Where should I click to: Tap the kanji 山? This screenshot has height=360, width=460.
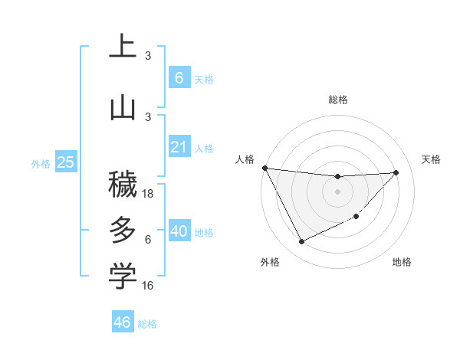(123, 108)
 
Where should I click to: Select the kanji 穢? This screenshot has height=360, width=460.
(123, 185)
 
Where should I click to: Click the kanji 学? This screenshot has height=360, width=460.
(123, 277)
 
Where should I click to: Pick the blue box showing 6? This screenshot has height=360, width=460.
(179, 78)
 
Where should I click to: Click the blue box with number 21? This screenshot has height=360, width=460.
(179, 147)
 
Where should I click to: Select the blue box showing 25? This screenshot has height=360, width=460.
(65, 162)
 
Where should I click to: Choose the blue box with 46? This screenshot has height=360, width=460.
(122, 322)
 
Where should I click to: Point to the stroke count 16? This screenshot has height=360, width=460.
(148, 286)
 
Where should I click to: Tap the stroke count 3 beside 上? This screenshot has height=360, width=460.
(148, 55)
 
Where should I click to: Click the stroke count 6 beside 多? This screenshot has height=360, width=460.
(148, 240)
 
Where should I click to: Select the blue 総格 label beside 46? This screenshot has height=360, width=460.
(147, 324)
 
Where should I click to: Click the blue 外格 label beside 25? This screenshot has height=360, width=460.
(40, 163)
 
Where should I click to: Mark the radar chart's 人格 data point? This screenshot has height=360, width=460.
(264, 168)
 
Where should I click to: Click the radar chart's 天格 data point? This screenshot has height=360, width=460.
(396, 172)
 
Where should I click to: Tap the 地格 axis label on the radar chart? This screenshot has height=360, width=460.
(402, 262)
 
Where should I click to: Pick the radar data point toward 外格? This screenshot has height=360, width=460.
(301, 242)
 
